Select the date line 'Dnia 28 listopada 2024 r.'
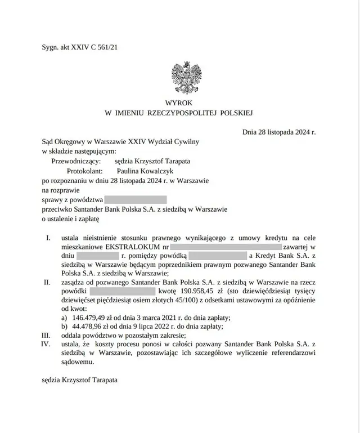279,132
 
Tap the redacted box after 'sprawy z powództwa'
136,199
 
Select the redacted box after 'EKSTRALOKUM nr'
226,247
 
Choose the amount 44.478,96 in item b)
91,327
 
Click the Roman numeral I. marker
48,238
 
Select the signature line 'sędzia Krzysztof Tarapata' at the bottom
80,381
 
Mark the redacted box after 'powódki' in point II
122,291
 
